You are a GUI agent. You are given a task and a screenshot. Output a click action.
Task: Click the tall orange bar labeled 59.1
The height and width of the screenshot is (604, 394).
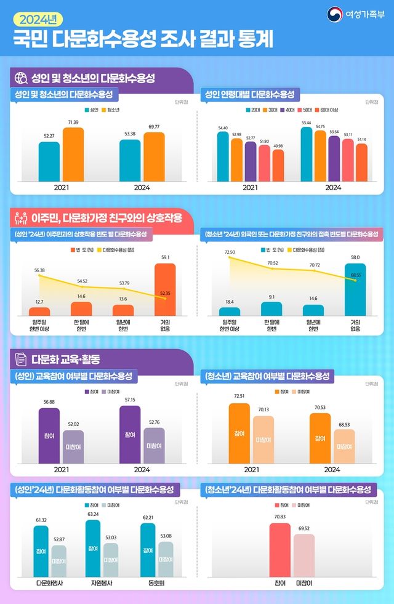pyautogui.click(x=165, y=289)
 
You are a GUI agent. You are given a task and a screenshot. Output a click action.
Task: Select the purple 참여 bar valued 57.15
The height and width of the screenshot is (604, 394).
pyautogui.click(x=130, y=434)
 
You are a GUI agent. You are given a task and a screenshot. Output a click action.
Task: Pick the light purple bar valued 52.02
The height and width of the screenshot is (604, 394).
pyautogui.click(x=73, y=446)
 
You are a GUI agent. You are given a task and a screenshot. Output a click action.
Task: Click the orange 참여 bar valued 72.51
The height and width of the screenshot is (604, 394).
pyautogui.click(x=239, y=433)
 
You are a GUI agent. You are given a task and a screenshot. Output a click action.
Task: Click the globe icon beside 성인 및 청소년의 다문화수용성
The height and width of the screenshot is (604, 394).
pyautogui.click(x=20, y=78)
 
